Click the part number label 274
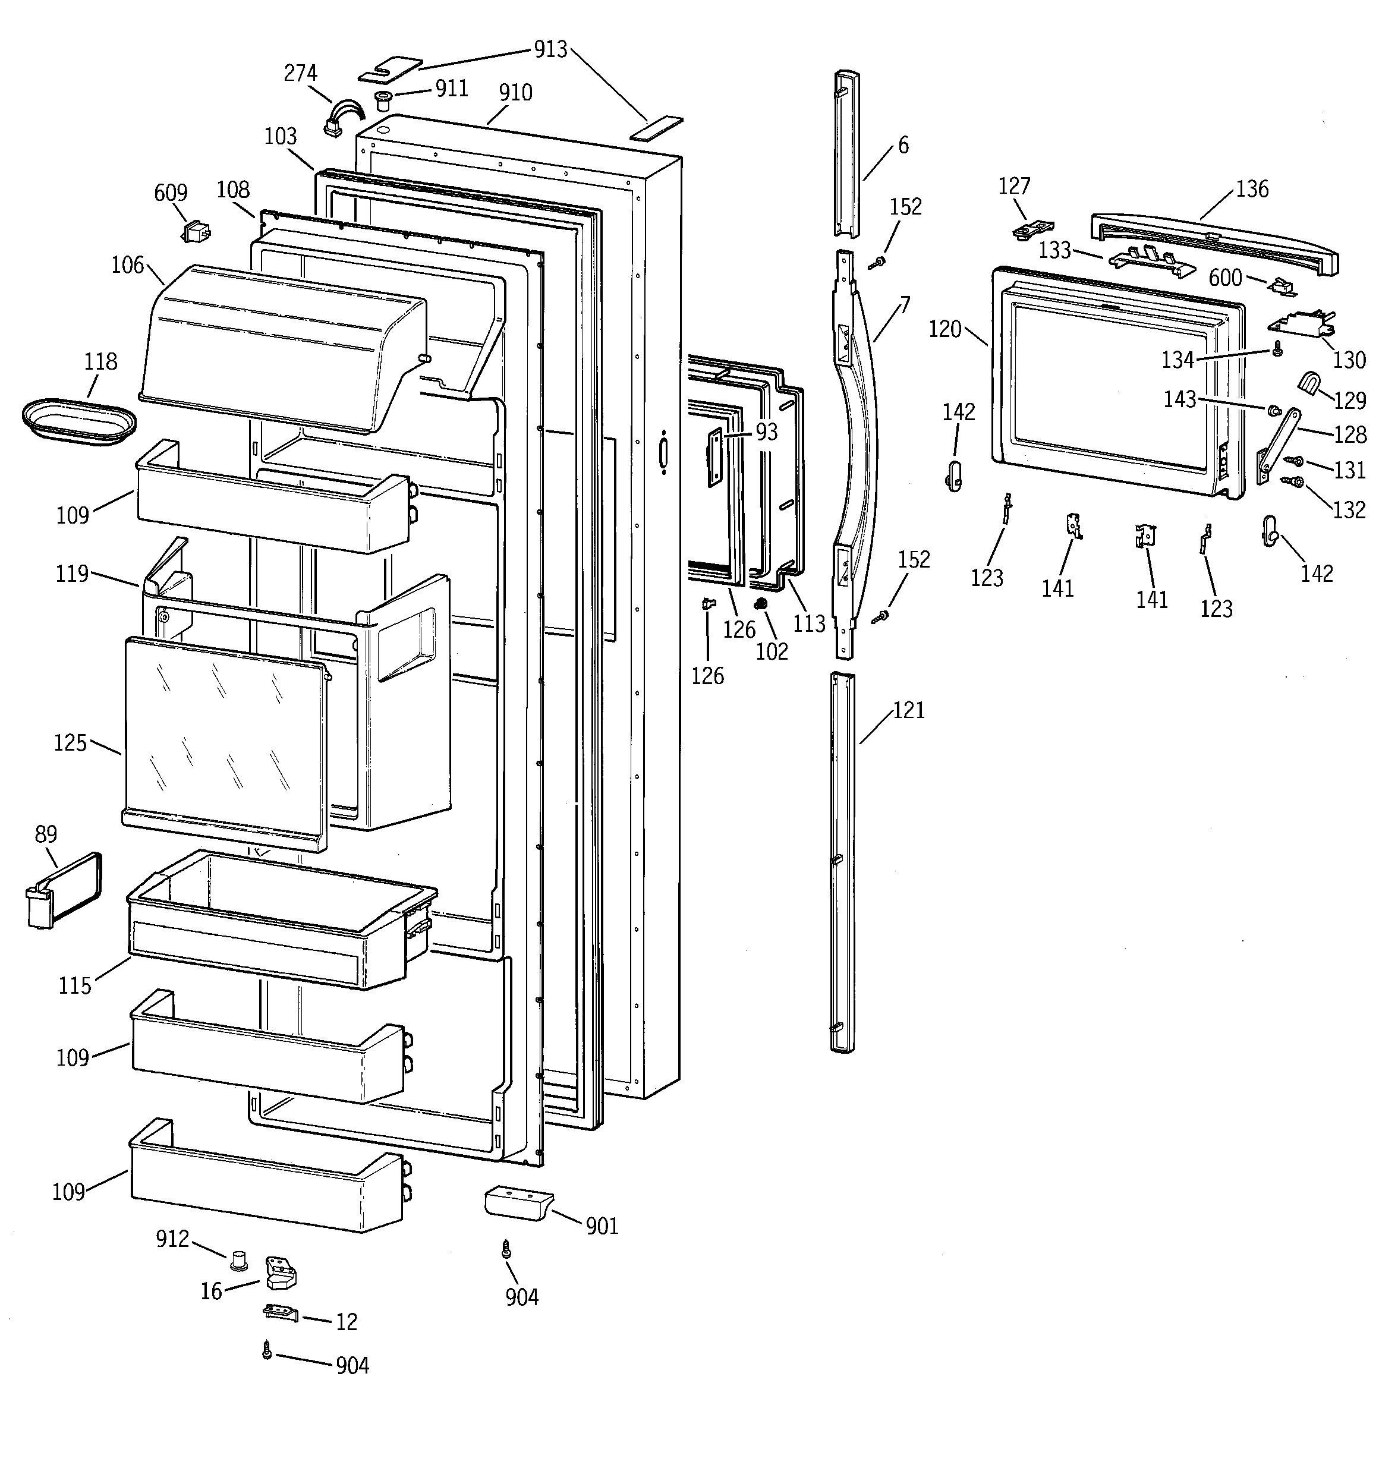coord(301,73)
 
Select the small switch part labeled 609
coord(196,232)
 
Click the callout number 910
coord(515,93)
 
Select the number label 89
coord(46,834)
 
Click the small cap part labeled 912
coord(238,1259)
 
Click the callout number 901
coord(602,1227)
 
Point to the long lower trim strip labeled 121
coord(842,862)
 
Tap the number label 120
coord(944,329)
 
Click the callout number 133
coord(1055,250)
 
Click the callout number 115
coord(75,985)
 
